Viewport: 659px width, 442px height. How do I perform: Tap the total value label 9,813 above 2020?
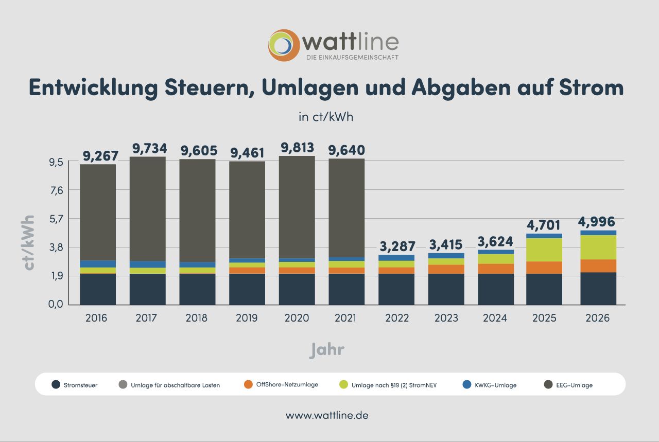point(297,148)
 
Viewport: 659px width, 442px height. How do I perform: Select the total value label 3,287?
point(396,246)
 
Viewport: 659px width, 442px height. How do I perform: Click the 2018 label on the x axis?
point(196,318)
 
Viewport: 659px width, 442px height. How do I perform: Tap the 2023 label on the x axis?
point(446,318)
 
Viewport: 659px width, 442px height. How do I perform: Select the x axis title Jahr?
point(327,350)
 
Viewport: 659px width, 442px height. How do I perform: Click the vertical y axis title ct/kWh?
point(29,242)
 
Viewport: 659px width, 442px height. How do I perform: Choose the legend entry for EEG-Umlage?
point(574,385)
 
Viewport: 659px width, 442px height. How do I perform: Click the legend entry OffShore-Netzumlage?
point(286,384)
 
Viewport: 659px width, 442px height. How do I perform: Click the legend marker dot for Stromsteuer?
point(56,384)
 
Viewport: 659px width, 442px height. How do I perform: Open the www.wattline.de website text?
point(327,415)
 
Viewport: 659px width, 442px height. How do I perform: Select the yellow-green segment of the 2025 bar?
point(544,250)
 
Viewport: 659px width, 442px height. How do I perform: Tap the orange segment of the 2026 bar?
point(598,266)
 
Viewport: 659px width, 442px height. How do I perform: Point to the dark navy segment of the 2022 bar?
point(396,289)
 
